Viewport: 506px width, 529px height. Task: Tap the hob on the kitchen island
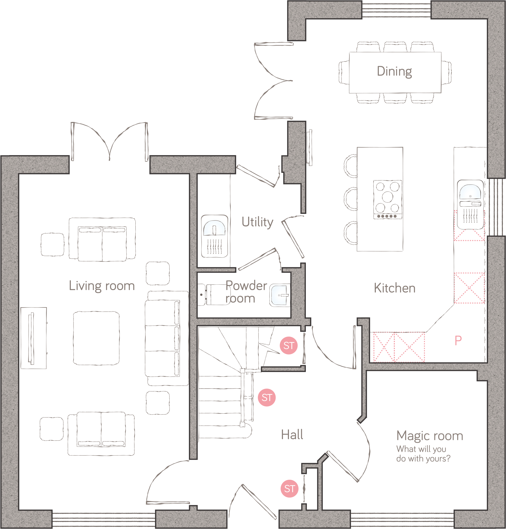coord(388,199)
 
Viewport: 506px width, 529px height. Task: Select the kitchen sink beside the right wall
coord(470,204)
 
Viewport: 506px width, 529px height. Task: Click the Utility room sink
coord(214,236)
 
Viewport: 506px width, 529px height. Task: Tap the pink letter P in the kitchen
coord(458,340)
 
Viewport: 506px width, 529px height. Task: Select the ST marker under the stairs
coord(288,346)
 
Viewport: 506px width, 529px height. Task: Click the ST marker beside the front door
coord(289,488)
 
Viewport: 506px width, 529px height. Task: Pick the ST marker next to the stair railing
coord(267,397)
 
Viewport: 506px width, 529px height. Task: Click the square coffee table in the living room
coord(96,338)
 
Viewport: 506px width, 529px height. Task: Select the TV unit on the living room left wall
coord(33,338)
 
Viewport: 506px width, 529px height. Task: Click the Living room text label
coord(102,286)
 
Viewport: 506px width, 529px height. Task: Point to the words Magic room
coord(429,436)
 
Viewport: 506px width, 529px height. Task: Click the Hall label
coord(292,435)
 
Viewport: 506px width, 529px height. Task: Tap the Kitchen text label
coord(394,288)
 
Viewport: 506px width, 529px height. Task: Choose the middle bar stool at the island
coord(350,199)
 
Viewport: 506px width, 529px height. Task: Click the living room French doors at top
coord(109,142)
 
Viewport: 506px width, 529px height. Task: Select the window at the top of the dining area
coord(396,10)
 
